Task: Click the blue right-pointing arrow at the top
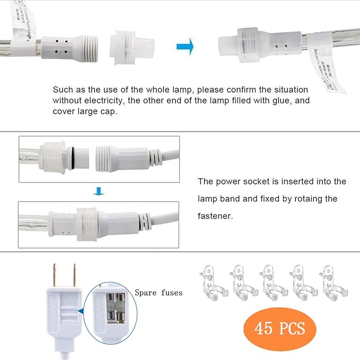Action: (x=185, y=46)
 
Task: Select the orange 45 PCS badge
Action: (x=280, y=328)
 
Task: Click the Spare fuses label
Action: (x=159, y=293)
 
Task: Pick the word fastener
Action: (x=217, y=216)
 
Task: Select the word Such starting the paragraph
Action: (x=62, y=90)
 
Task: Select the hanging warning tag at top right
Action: (x=323, y=69)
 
